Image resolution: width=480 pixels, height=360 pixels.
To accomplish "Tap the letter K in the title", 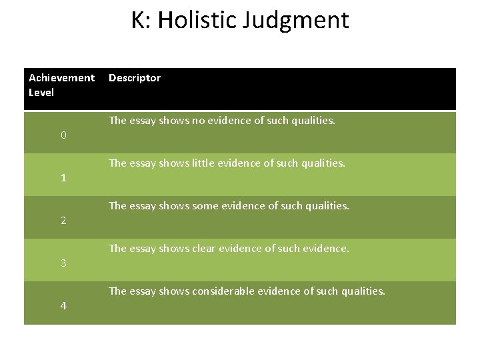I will pos(139,20).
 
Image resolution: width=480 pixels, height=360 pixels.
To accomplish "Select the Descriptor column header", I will pos(135,78).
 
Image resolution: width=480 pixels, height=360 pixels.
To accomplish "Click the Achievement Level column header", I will pos(61,85).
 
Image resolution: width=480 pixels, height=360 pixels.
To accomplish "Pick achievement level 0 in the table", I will pos(63,135).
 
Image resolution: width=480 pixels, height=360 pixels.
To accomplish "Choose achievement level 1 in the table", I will pos(63,178).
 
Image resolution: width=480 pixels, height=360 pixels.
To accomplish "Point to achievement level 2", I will pos(63,221).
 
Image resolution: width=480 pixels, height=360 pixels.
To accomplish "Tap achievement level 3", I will pos(63,263).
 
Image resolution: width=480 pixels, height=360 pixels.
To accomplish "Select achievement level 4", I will pos(63,306).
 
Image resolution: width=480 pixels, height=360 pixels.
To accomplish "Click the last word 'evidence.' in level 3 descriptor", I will pos(327,249).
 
